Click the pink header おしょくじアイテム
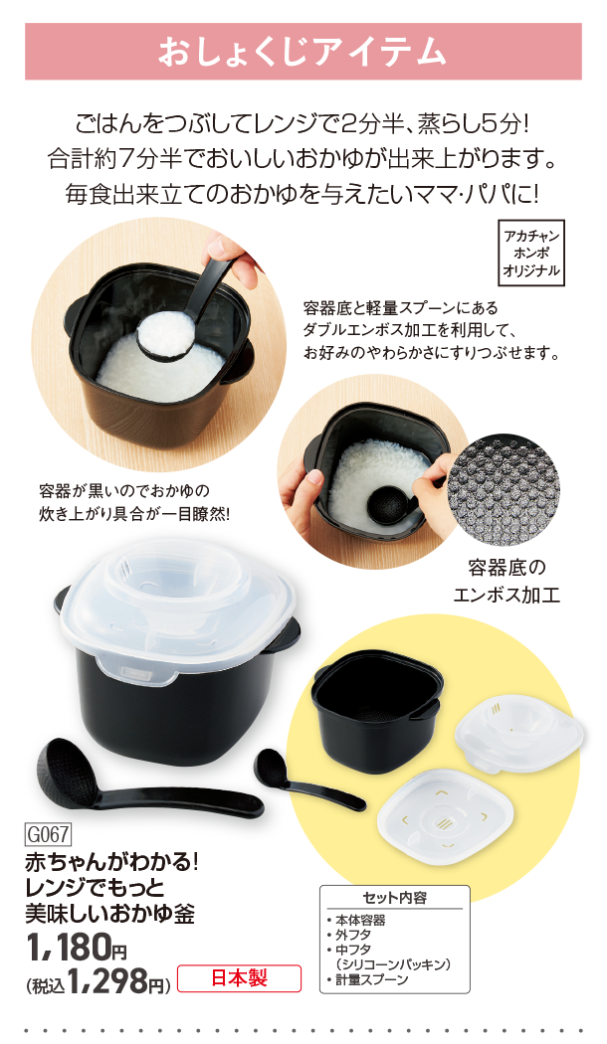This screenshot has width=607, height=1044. click(x=303, y=52)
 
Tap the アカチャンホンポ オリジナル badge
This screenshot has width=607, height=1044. click(x=531, y=253)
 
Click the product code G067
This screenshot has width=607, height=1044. click(x=48, y=834)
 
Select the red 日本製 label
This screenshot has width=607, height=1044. click(x=239, y=978)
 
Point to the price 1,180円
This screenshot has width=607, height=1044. click(x=77, y=949)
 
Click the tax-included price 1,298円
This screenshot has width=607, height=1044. click(x=98, y=980)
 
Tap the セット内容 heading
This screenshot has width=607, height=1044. click(x=394, y=898)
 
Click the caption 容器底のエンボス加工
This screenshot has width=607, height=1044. click(x=506, y=581)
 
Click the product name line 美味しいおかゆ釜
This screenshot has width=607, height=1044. click(x=109, y=913)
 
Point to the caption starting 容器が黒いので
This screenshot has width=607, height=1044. click(x=134, y=503)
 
